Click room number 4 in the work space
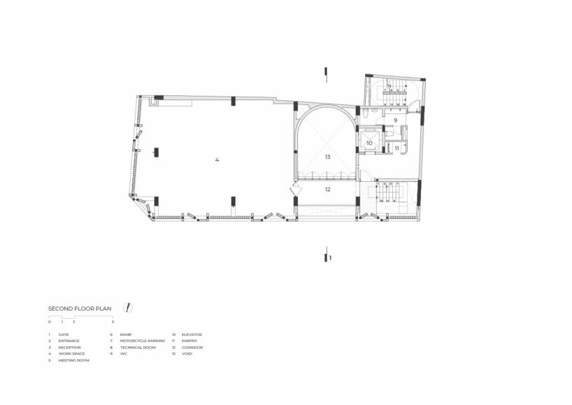coord(217,160)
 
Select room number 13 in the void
coord(327,157)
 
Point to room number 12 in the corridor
coord(327,189)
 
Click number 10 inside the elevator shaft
coord(369,143)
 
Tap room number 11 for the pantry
coord(396,148)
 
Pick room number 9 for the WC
coord(395,120)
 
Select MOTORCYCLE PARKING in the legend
coord(143,341)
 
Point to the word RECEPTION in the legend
coord(70,348)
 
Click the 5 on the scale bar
coord(113,322)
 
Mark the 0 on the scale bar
coord(50,322)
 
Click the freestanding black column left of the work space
coord(156,151)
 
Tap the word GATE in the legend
coord(64,335)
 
